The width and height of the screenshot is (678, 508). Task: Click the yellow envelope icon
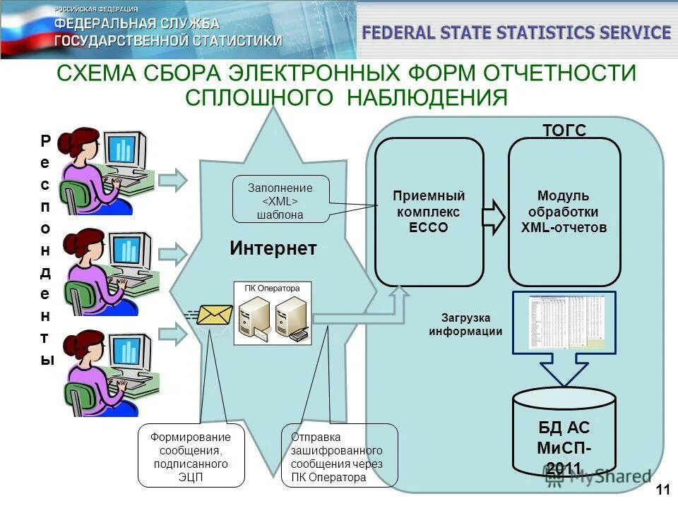point(215,314)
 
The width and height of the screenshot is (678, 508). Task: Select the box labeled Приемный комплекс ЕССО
point(429,212)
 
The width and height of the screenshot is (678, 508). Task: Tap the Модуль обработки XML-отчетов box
point(564,212)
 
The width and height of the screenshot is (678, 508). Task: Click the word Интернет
point(273,248)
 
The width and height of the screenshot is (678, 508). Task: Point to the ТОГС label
point(564,130)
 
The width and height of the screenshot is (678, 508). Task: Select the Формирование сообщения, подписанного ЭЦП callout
point(191,455)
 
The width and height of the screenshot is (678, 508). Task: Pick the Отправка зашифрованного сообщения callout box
point(339,455)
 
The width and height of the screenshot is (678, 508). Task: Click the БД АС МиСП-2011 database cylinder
point(564,432)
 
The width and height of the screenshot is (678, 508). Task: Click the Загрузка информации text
point(465,325)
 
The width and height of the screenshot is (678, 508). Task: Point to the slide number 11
point(663,490)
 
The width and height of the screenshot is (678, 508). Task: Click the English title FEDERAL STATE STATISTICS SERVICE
point(516,32)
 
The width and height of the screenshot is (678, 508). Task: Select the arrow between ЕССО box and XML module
point(494,215)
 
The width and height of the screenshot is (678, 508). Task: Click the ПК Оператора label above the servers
point(272,288)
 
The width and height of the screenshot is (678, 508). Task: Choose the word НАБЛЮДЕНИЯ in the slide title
point(427,97)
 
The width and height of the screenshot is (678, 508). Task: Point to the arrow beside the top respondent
point(172,180)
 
